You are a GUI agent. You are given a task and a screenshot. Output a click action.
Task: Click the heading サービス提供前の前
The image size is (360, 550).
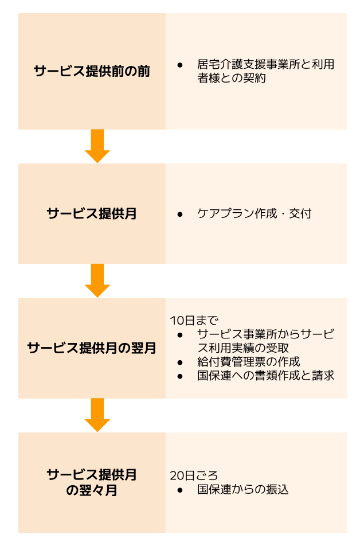[x=92, y=72]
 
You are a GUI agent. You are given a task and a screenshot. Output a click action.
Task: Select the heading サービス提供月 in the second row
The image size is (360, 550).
[x=92, y=214]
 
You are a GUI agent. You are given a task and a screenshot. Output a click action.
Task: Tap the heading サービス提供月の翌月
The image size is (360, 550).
[x=92, y=348]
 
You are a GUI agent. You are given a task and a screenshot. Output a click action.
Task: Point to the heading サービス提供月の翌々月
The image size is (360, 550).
[x=92, y=482]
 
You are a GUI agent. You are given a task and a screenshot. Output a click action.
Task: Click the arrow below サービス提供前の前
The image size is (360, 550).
[x=97, y=146]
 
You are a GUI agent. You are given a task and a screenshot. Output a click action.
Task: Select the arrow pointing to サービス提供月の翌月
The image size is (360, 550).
[x=97, y=280]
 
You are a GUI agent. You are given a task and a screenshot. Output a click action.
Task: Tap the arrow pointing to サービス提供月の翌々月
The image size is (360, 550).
[x=97, y=415]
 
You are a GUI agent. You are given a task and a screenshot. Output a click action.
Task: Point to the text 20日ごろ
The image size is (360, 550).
[x=194, y=475]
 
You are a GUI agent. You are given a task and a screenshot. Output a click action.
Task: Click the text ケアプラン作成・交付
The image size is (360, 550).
[x=254, y=214]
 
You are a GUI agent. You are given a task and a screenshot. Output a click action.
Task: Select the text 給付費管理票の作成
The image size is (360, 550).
[x=248, y=362]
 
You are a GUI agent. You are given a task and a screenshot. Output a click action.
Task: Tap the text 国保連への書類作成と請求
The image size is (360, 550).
[x=265, y=376]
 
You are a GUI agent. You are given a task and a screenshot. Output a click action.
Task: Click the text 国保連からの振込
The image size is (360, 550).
[x=242, y=490]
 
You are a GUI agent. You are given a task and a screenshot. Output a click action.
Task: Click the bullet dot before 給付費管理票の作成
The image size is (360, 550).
[x=180, y=362]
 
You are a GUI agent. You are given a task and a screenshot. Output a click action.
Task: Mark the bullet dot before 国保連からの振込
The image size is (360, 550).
[x=180, y=490]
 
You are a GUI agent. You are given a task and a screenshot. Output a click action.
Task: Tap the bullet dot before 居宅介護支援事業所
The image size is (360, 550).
[x=180, y=65]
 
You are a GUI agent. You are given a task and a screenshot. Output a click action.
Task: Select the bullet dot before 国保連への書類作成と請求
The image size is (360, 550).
[x=180, y=376]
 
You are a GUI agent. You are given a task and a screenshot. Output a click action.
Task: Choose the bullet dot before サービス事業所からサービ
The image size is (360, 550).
[x=180, y=334]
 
